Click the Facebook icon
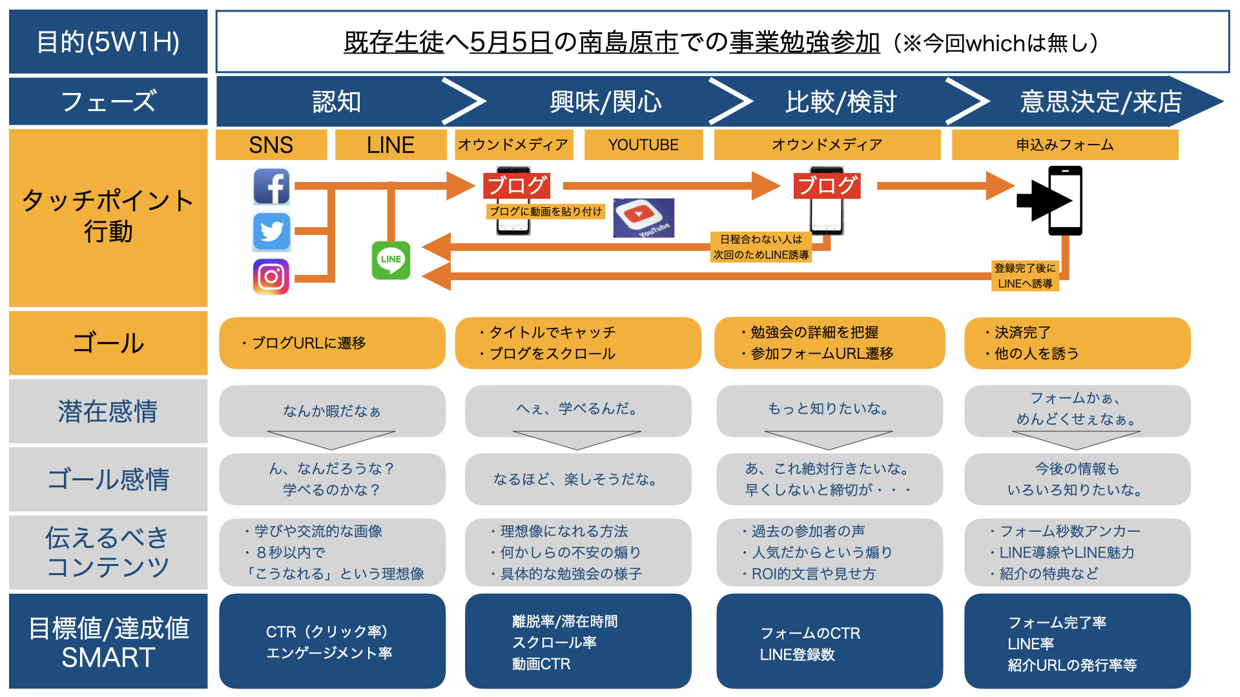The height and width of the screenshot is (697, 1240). pyautogui.click(x=271, y=187)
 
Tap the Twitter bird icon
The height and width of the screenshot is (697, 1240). pyautogui.click(x=271, y=231)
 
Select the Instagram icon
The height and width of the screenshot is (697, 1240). pyautogui.click(x=271, y=277)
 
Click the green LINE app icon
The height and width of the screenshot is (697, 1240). pyautogui.click(x=391, y=260)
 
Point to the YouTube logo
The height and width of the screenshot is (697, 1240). pyautogui.click(x=644, y=218)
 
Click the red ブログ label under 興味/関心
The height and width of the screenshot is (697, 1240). pyautogui.click(x=517, y=186)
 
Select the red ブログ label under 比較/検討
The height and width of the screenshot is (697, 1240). pyautogui.click(x=827, y=186)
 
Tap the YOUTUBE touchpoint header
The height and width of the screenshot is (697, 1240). pyautogui.click(x=643, y=145)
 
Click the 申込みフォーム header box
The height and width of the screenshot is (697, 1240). pyautogui.click(x=1065, y=145)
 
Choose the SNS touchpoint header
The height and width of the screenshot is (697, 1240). pyautogui.click(x=271, y=145)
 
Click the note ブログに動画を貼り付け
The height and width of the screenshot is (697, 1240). pyautogui.click(x=546, y=212)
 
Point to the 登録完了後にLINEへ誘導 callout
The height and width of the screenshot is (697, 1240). pyautogui.click(x=1025, y=276)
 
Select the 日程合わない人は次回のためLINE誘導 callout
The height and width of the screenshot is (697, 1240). pyautogui.click(x=761, y=247)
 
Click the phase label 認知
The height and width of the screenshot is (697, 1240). pyautogui.click(x=336, y=102)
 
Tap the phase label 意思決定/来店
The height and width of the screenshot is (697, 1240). pyautogui.click(x=1101, y=102)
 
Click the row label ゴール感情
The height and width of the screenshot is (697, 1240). pyautogui.click(x=108, y=479)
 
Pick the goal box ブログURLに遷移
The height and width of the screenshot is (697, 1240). pyautogui.click(x=332, y=343)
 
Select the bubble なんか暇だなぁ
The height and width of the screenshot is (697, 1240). pyautogui.click(x=332, y=411)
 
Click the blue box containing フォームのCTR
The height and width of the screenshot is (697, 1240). pyautogui.click(x=829, y=641)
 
